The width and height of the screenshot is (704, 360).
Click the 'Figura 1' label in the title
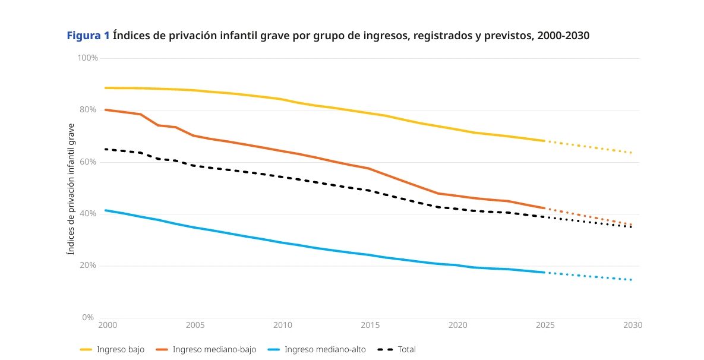tap(88, 36)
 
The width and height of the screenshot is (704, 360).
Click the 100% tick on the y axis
tap(88, 58)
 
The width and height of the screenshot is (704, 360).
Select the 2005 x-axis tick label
tap(195, 326)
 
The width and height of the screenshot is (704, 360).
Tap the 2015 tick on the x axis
tap(370, 326)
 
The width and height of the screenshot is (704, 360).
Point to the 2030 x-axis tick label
tap(633, 326)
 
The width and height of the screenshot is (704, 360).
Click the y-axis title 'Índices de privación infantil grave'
tap(71, 189)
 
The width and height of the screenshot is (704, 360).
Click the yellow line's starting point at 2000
tap(106, 88)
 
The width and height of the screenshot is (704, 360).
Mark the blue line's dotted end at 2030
tap(631, 280)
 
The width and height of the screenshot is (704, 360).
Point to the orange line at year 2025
tap(545, 208)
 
